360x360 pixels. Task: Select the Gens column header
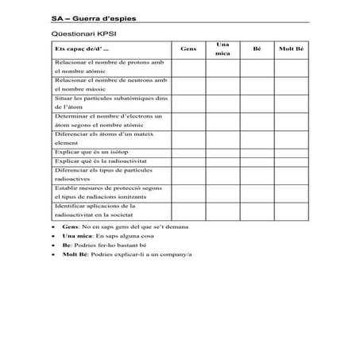188,49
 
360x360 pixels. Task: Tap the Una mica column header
223,49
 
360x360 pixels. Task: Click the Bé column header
257,49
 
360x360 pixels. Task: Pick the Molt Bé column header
291,49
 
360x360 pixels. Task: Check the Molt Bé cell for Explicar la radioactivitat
291,161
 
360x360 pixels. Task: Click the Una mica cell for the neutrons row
223,84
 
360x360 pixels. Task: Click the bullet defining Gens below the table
111,226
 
